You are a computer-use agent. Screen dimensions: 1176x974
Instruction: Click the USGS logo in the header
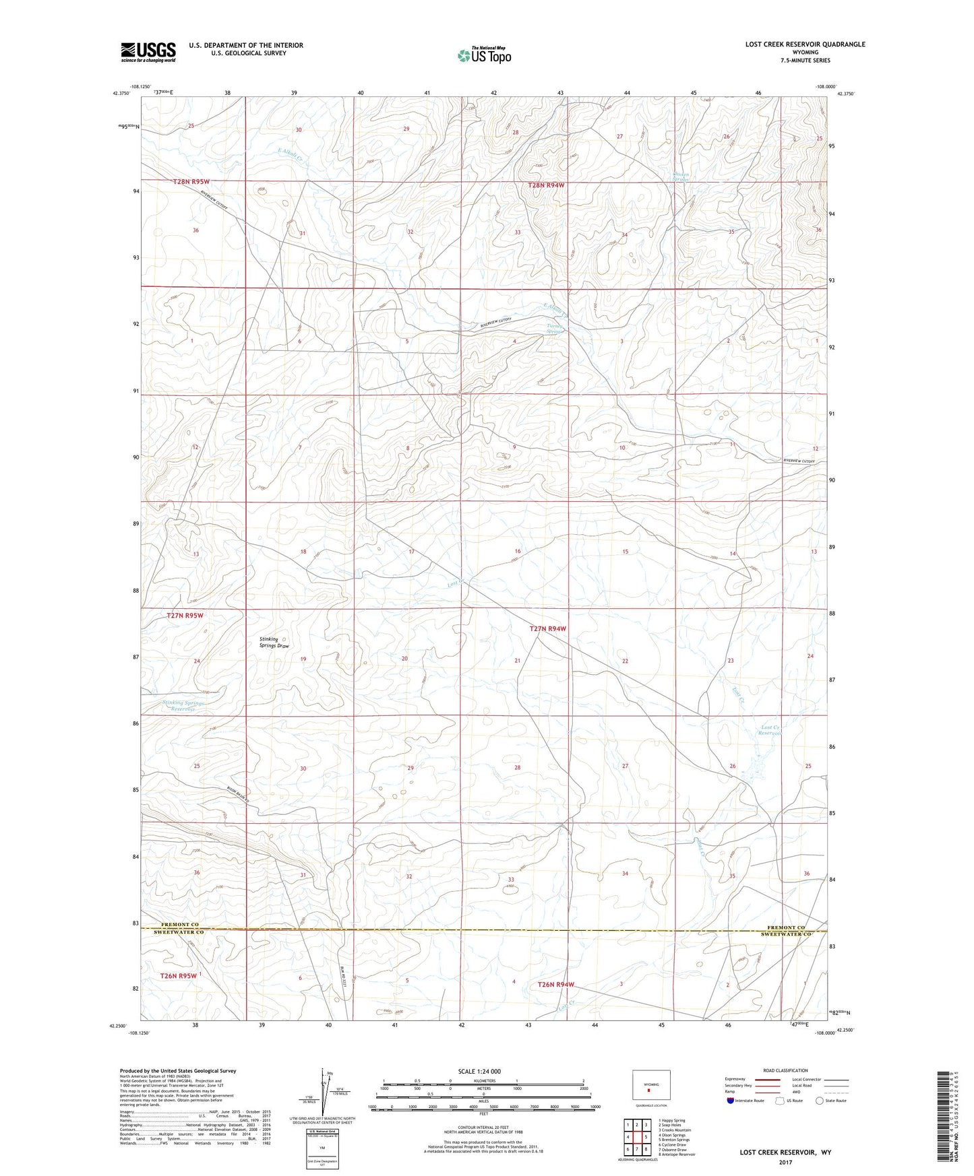coord(148,52)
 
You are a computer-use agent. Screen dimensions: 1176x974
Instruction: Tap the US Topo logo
coord(483,55)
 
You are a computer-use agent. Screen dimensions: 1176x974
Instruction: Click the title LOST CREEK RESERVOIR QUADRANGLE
coord(805,44)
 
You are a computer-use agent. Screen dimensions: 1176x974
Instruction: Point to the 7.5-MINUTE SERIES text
coord(805,61)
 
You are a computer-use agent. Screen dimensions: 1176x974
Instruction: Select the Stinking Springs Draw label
coord(274,643)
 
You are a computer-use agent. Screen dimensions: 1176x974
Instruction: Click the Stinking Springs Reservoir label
coord(183,706)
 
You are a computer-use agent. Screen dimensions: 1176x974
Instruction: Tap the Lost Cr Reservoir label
coord(770,730)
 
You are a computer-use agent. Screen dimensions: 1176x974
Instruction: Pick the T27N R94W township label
coord(547,628)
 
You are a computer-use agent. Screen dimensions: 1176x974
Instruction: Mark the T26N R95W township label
coord(179,975)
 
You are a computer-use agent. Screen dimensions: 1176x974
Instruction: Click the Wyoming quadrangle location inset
coord(650,1086)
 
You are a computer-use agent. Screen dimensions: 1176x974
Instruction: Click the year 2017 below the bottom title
coord(785,1162)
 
